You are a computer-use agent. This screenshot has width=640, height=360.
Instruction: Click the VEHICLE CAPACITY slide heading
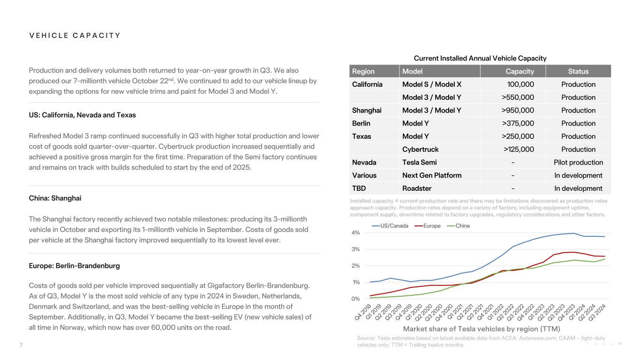[75, 36]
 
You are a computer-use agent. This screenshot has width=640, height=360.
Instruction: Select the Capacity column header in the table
[520, 71]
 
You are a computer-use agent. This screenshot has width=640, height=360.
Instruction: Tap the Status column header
[578, 71]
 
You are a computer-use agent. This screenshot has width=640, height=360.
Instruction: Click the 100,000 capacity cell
[520, 84]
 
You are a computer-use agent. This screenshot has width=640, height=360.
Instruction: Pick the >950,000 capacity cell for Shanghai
[518, 111]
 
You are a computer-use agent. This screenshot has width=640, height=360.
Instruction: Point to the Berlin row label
[361, 124]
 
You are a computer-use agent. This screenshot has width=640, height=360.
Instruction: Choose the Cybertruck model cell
[420, 150]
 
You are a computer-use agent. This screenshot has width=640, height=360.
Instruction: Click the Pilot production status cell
[578, 163]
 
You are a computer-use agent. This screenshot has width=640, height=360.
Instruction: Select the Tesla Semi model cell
[419, 163]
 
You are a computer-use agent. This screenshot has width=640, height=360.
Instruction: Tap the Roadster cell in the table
[417, 188]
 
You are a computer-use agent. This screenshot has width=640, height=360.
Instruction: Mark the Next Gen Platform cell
[432, 175]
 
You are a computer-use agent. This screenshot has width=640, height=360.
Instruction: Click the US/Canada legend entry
[390, 225]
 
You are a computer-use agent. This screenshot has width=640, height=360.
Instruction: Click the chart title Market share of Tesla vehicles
[482, 329]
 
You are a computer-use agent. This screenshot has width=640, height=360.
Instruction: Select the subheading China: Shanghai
[55, 198]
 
